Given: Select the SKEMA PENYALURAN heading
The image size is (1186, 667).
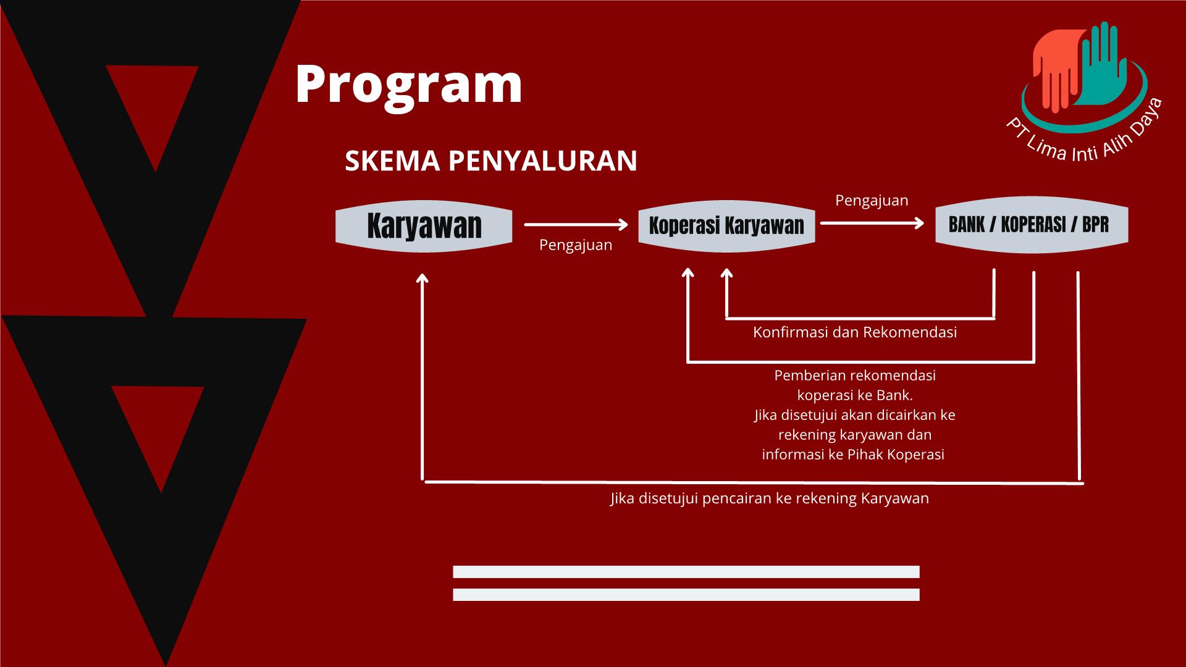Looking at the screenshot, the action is coord(491,161).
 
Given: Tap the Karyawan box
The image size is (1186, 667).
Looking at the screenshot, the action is coord(424,226).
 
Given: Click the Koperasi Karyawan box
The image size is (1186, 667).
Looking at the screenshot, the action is coord(726,226).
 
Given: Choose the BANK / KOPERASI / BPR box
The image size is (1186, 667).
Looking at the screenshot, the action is coord(1032,225).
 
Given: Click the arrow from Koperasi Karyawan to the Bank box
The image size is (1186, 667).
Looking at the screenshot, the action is coord(872,223).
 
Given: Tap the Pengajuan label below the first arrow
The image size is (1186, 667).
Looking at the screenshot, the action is coord(576,245).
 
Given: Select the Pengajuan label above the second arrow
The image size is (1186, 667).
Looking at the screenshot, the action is coord(872,201).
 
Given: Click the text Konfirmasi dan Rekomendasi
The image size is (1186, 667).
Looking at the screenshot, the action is coord(855,332).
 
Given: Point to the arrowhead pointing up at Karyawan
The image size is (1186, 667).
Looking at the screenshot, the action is coord(423,279).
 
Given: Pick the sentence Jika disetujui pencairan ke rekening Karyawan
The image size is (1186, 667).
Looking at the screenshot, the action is coord(770,498).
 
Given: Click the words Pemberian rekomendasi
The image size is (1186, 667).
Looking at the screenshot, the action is coord(855,375).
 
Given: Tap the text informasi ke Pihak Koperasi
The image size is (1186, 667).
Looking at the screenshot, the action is coord(853,455).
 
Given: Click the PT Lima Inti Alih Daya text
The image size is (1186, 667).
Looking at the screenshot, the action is coord(1085,137).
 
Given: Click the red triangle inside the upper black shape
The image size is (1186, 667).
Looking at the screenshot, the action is coord(153,105).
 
